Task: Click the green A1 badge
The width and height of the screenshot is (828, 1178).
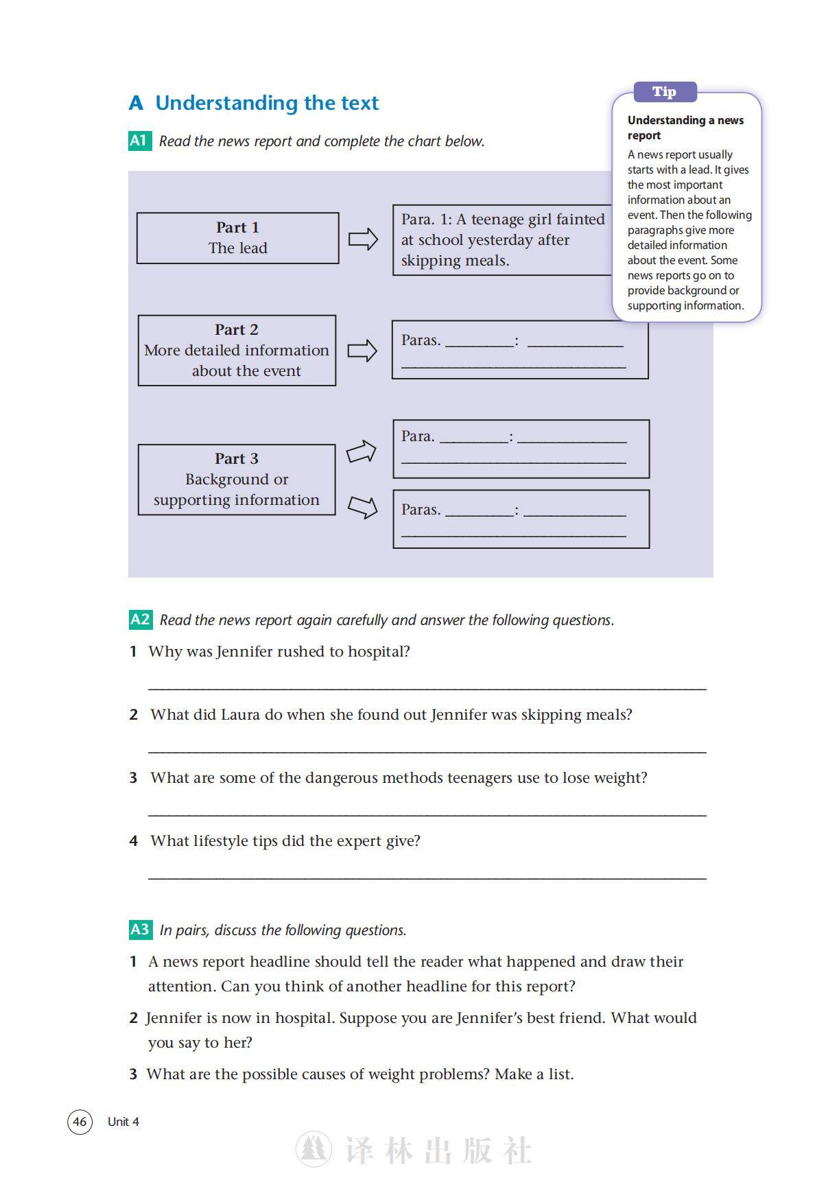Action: pos(139,141)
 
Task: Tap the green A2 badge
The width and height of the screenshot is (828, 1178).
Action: pos(140,620)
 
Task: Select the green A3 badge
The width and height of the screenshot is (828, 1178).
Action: pos(140,930)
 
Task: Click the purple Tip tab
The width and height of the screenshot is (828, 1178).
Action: pos(664,92)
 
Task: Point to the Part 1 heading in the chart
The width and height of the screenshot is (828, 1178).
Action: pos(237,227)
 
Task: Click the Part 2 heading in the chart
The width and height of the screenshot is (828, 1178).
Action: pos(237,329)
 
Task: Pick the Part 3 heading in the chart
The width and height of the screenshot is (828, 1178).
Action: pos(237,458)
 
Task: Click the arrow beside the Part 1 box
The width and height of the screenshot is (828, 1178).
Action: pos(363,239)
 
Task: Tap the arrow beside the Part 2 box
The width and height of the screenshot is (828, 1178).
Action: pos(362,351)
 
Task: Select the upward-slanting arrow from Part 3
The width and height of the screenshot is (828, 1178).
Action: pos(362,451)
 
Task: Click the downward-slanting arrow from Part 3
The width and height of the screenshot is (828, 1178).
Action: pos(362,507)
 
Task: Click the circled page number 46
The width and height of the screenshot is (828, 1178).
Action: pos(80,1122)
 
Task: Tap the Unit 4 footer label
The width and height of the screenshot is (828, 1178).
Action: pos(123,1122)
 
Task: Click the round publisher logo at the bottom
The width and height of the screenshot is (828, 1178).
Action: pos(314,1150)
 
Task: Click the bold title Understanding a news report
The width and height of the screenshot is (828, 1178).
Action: pos(685,128)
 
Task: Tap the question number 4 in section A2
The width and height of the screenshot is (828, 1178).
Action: pos(134,841)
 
